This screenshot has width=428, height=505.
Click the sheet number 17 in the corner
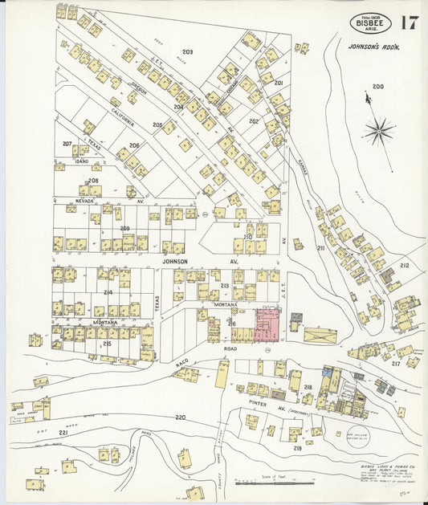coord(409,22)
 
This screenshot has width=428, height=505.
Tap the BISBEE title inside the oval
coord(370,24)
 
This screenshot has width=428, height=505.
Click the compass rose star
coord(377,130)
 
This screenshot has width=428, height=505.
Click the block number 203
coord(187,51)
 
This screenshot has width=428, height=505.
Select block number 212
coord(405,265)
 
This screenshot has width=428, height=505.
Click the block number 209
coord(124,229)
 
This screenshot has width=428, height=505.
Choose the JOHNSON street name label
coord(175,262)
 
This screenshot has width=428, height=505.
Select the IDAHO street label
coord(81,161)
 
